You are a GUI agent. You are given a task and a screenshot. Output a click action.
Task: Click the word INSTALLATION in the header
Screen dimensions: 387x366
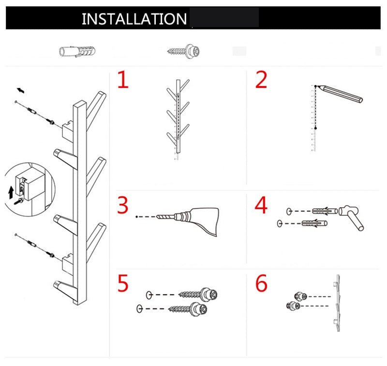[134, 19]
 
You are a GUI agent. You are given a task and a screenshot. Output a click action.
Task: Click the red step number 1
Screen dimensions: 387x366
[123, 79]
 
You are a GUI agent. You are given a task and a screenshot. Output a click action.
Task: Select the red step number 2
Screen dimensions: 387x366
[261, 79]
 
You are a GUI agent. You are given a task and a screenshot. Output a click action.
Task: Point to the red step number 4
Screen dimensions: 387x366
[261, 205]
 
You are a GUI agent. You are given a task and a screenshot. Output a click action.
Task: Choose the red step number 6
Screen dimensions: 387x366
[261, 283]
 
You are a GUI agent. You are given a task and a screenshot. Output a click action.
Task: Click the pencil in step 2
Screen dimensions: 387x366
[340, 94]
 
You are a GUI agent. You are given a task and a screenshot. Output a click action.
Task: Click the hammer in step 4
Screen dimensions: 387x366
[350, 217]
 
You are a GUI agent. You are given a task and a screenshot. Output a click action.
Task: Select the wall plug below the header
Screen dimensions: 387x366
[77, 51]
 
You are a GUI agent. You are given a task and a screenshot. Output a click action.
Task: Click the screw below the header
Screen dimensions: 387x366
[183, 52]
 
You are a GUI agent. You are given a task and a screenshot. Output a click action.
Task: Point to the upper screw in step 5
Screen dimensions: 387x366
[198, 294]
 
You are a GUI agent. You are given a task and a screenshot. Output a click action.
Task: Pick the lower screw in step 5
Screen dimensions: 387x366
[188, 309]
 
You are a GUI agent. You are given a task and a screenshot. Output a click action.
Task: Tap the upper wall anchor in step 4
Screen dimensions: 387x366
[325, 211]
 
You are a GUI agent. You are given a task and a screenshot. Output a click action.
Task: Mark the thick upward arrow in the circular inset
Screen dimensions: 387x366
[11, 193]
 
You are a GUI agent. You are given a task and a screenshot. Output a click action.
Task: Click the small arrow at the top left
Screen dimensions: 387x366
[21, 90]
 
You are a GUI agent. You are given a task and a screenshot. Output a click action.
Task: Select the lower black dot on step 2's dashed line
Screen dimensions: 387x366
[315, 128]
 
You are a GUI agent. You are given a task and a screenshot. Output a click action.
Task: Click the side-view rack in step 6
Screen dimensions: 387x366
[337, 303]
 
